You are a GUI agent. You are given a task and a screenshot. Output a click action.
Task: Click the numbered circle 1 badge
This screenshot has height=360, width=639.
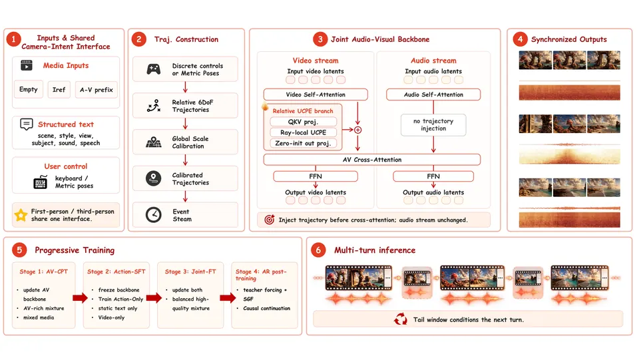point(13,39)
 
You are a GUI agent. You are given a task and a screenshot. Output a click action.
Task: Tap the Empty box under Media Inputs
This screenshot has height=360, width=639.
point(29,90)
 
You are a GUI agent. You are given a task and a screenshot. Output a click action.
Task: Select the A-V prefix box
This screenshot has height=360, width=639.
point(96,90)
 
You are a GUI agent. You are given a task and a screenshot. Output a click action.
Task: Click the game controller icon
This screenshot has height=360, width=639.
point(154,69)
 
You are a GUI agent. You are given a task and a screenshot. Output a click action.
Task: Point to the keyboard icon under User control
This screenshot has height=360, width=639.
point(41,182)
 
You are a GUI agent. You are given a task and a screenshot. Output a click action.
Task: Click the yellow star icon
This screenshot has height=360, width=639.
point(21,215)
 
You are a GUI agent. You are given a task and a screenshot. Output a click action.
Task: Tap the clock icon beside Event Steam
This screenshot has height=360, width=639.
point(154,215)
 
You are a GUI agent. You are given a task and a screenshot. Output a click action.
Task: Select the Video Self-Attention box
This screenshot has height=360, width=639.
point(316,94)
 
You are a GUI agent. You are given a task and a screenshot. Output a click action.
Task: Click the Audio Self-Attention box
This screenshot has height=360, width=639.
point(433,94)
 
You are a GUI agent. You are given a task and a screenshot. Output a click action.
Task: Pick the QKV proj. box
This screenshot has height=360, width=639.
point(304,122)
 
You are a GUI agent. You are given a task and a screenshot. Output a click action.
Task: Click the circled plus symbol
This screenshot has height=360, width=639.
point(358,130)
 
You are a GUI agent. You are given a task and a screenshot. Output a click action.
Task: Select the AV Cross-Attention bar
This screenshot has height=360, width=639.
point(372,160)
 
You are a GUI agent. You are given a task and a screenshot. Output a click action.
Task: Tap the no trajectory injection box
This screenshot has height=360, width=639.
point(433,125)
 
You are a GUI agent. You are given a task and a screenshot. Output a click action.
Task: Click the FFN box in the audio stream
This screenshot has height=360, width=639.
point(433,176)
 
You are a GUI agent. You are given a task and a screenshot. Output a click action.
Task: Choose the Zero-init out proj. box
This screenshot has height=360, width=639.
point(304,143)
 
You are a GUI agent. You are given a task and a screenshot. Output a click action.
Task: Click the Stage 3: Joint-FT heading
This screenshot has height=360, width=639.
point(190,271)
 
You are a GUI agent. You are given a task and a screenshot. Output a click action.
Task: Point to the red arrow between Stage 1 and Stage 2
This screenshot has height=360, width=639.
point(81,298)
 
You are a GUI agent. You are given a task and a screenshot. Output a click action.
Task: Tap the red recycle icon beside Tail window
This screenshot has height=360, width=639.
point(401,319)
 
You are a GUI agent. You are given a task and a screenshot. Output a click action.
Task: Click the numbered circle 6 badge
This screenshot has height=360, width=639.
point(318,250)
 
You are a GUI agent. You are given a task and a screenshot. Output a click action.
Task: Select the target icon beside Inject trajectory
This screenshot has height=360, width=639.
point(270,220)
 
